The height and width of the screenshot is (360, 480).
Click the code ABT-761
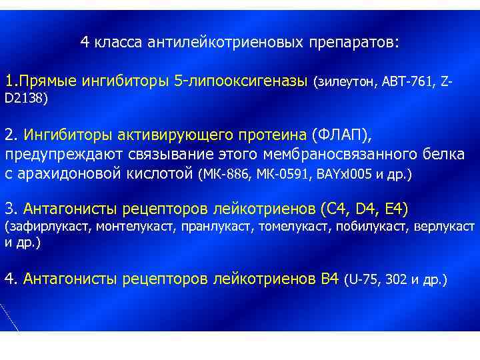tap(412, 83)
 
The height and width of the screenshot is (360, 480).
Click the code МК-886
tap(227, 175)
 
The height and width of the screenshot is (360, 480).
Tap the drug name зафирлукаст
tap(51, 227)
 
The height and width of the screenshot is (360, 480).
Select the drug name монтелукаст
tap(135, 227)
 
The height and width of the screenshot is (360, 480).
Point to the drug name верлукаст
tap(446, 227)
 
